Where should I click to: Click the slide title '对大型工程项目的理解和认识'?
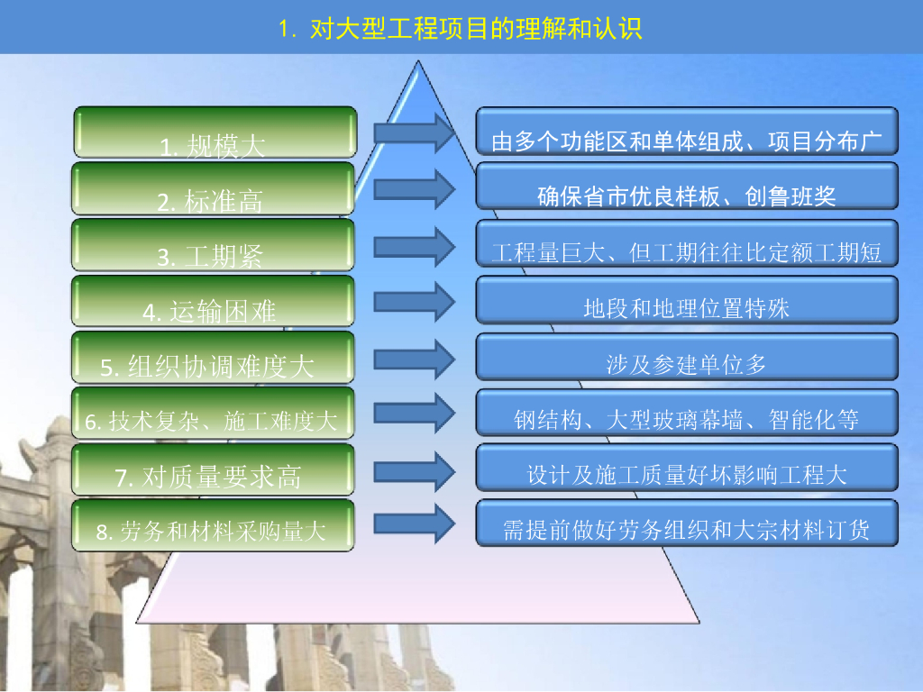coord(461,29)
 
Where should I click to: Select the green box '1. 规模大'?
coord(215,132)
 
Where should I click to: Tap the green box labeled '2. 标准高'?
coord(215,188)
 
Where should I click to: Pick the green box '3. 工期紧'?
coord(215,245)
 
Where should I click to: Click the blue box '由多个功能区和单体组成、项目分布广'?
coord(687,132)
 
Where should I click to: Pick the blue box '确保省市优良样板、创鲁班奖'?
coord(687,187)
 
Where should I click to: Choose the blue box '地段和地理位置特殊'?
coord(687,300)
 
